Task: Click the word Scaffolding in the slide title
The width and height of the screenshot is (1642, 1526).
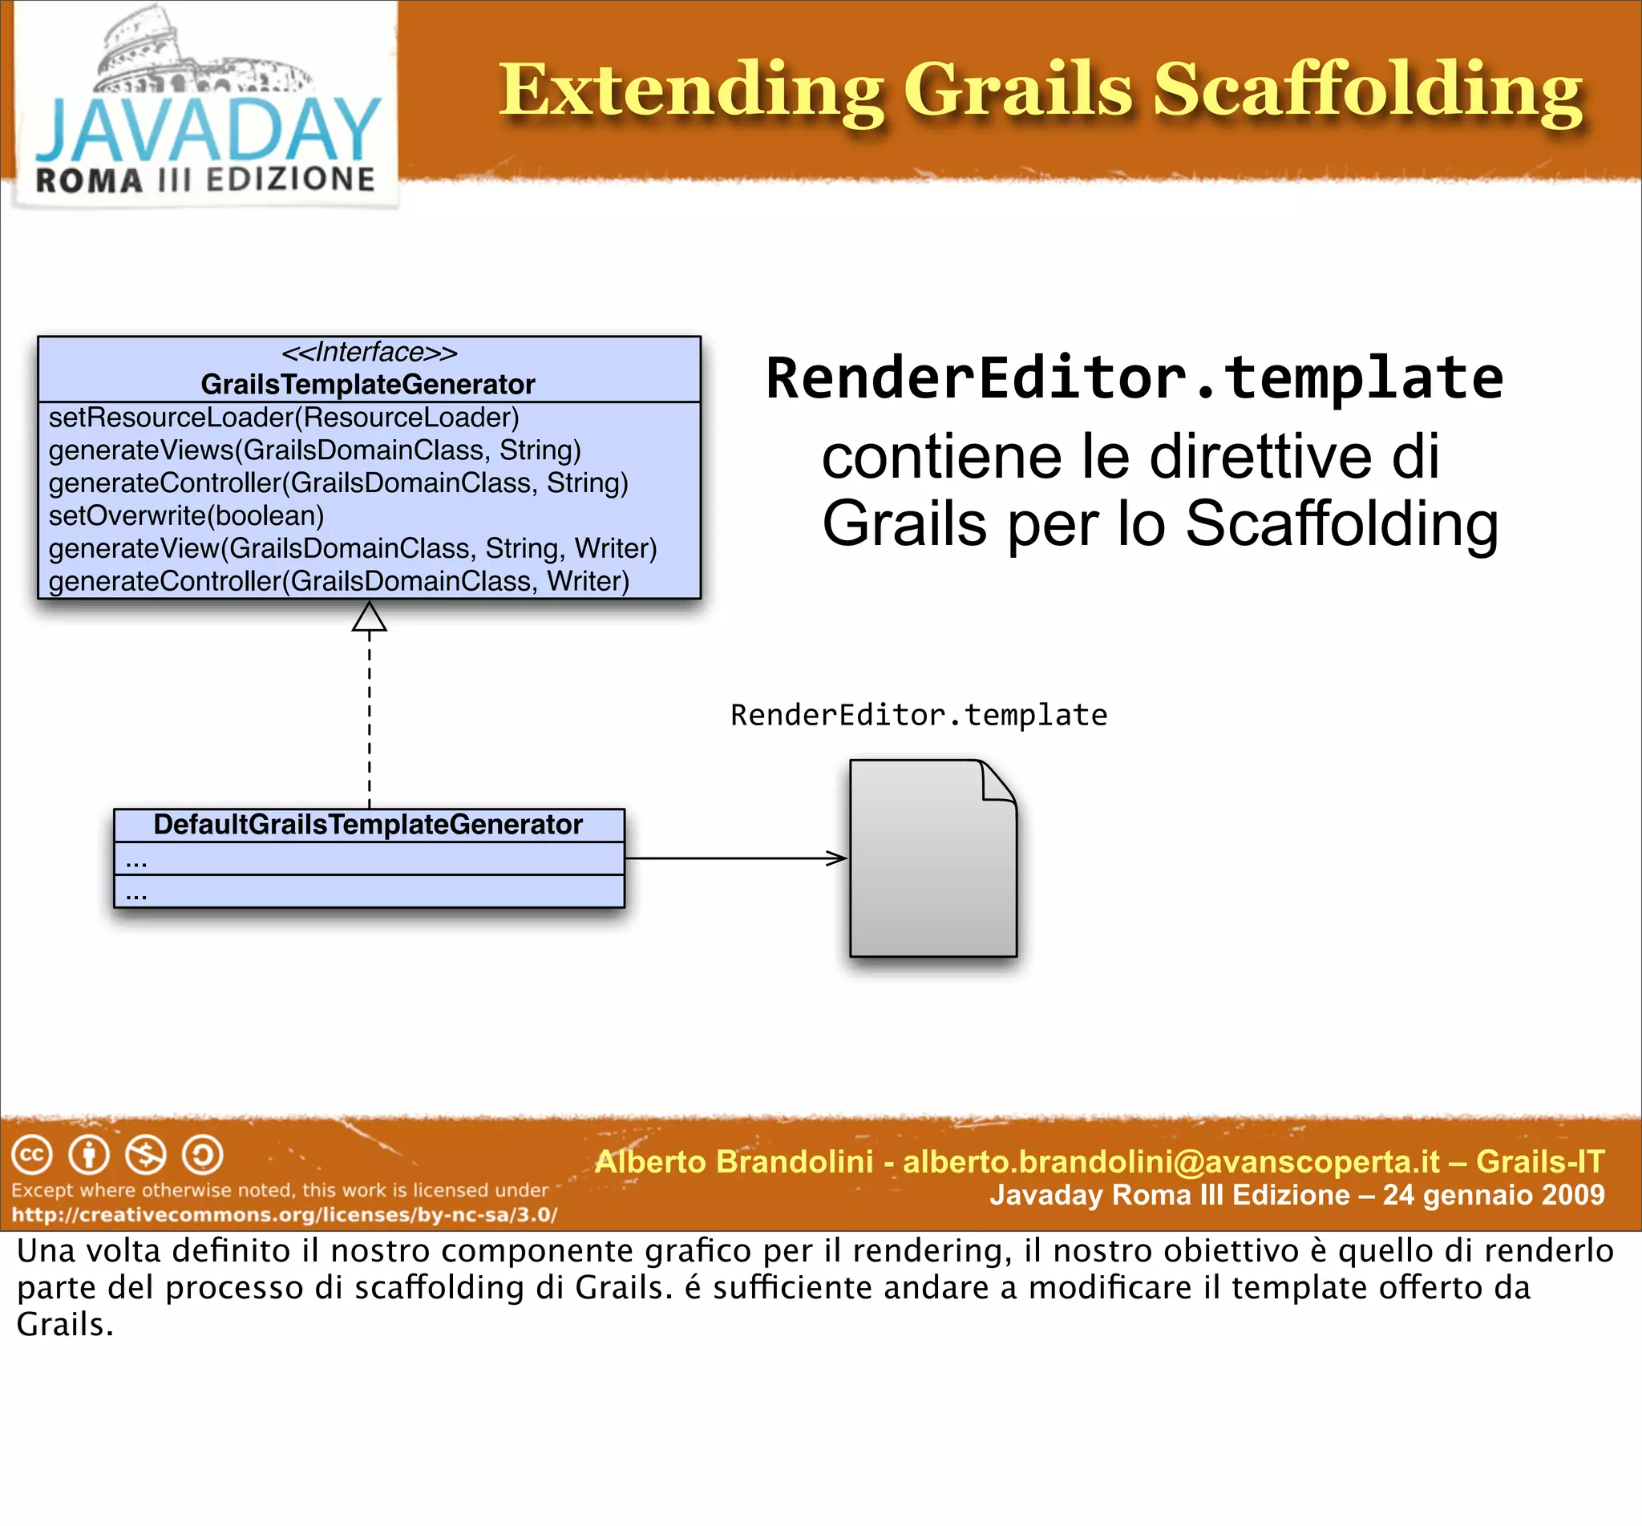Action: pos(1367,91)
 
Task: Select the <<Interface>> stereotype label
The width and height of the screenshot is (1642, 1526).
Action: pos(368,353)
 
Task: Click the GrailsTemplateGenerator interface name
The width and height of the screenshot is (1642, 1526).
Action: pos(368,385)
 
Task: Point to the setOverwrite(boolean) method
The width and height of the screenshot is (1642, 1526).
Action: pos(186,516)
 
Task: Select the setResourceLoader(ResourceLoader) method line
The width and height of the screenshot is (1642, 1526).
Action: pos(283,418)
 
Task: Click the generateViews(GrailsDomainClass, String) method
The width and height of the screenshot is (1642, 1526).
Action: pos(314,450)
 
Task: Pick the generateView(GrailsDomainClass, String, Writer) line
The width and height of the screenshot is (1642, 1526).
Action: pos(353,548)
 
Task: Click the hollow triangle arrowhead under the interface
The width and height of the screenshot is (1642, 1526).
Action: pos(368,617)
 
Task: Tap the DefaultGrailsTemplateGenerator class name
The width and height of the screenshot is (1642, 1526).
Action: pos(368,824)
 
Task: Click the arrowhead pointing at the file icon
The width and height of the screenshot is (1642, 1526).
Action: pos(838,858)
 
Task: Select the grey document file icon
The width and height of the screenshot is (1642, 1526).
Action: pos(932,859)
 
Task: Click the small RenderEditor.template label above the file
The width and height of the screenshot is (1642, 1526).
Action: pos(919,715)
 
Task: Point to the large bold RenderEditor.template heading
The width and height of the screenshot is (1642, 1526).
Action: pos(1134,378)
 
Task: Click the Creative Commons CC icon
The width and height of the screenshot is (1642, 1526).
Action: pos(32,1154)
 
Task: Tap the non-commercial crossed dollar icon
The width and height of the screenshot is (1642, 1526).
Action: pos(145,1154)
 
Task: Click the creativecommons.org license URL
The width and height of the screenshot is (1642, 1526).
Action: pos(284,1215)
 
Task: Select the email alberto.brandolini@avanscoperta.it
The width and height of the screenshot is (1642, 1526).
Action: pos(1171,1162)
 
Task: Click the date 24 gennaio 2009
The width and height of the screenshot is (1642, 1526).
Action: pos(1494,1195)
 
